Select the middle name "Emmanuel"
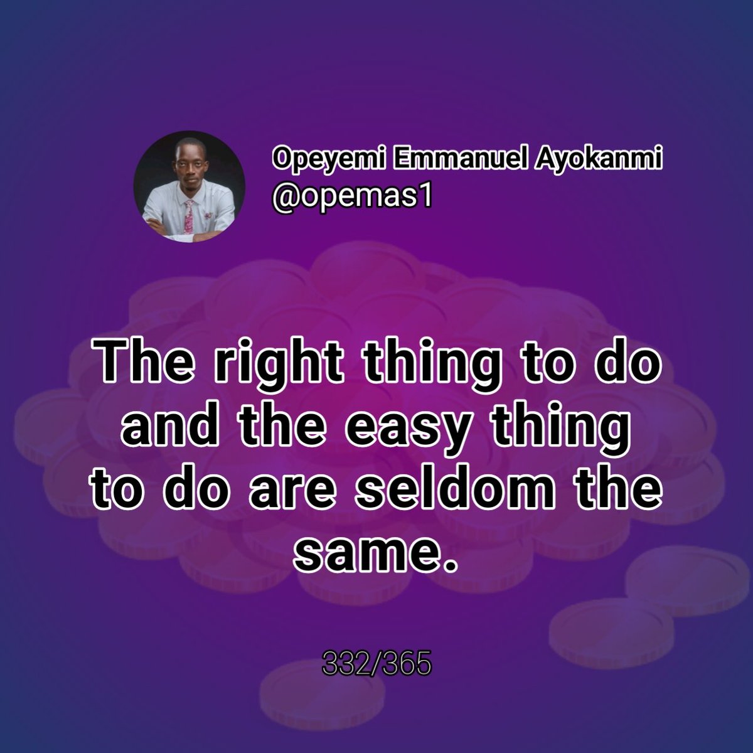click(x=449, y=161)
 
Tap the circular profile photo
click(x=190, y=186)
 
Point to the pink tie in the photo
click(x=188, y=216)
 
